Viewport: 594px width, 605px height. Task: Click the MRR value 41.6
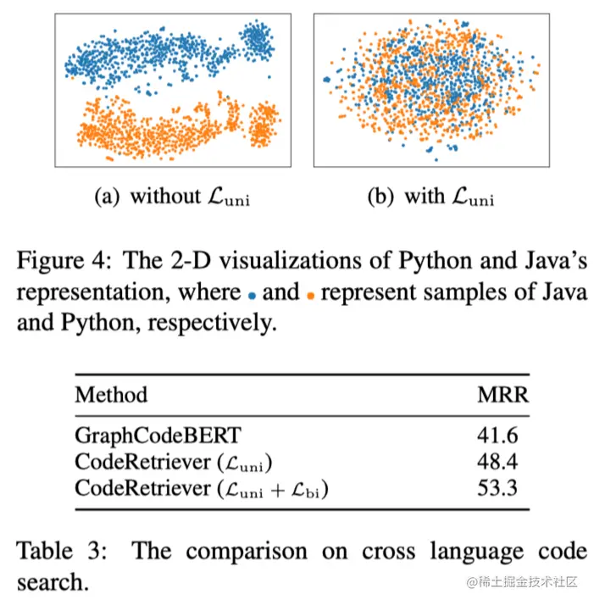tap(501, 436)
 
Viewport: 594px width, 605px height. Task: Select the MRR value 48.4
tap(501, 463)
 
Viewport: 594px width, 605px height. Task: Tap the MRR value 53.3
tap(501, 488)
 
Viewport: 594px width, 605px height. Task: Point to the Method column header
tap(111, 395)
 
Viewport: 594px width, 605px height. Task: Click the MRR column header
tap(502, 395)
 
